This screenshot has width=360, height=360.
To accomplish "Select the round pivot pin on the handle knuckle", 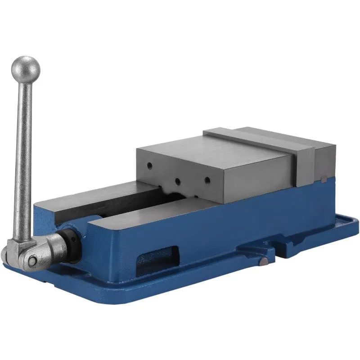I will click(32, 261).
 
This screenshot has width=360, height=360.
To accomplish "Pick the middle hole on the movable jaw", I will click(178, 181).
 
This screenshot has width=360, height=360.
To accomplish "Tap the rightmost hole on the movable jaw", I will click(207, 180).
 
